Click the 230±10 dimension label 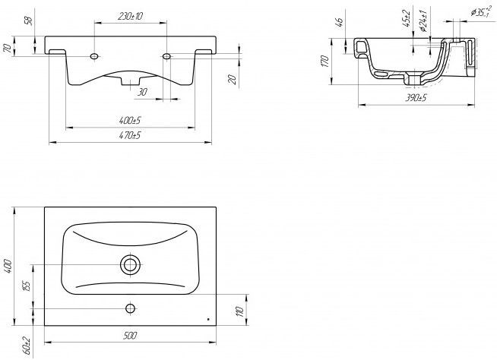(x=130, y=17)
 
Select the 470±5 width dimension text (x=130, y=136)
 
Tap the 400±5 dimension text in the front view (x=130, y=121)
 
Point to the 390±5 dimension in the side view (x=416, y=98)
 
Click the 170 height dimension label (x=324, y=62)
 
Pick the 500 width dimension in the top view (x=130, y=335)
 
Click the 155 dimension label (x=27, y=286)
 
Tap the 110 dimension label (x=240, y=311)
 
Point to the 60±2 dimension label (x=27, y=346)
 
